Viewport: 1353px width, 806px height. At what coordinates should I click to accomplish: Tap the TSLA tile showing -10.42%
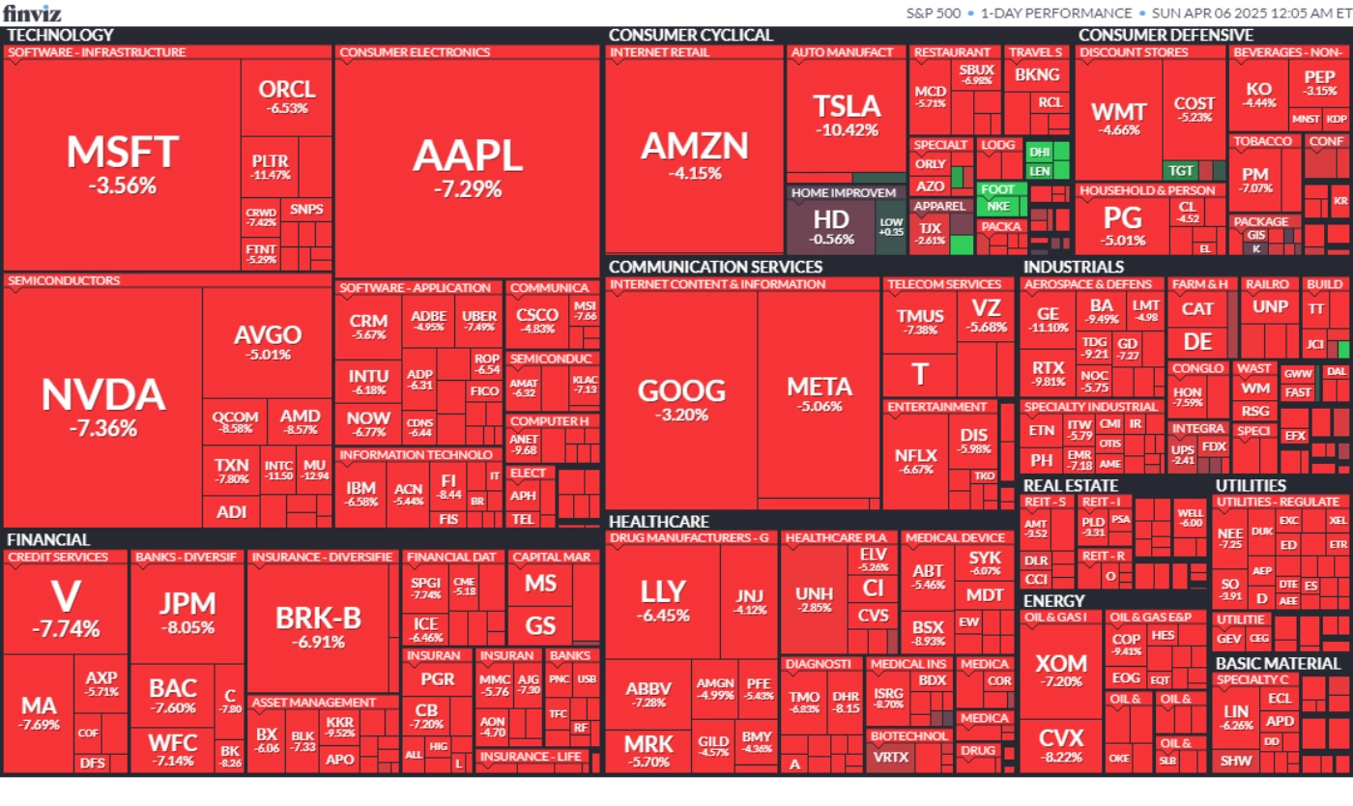pos(847,115)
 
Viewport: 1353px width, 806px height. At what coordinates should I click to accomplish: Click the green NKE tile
pos(998,206)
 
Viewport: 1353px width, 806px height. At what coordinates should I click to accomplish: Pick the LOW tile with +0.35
pos(891,227)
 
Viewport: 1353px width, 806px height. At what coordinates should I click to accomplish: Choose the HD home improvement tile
pos(830,226)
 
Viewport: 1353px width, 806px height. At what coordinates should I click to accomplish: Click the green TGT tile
pos(1181,170)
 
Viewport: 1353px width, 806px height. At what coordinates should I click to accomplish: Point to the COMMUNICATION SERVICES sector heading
pos(715,267)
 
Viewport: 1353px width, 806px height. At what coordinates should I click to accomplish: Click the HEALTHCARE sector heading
pos(659,522)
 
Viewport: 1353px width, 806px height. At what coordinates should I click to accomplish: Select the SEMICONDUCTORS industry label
pos(64,281)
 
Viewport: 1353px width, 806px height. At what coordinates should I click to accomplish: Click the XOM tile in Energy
pos(1060,671)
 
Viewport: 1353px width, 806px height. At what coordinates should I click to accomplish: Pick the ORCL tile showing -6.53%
pos(287,97)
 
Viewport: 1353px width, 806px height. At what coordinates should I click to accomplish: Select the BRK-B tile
pos(318,625)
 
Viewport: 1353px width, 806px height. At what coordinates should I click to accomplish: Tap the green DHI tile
pos(1039,152)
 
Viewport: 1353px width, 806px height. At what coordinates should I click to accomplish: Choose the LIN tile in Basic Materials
pos(1236,717)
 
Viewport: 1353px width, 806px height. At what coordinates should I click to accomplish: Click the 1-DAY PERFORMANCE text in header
pos(1055,14)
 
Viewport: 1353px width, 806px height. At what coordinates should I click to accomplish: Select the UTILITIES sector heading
pos(1251,485)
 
